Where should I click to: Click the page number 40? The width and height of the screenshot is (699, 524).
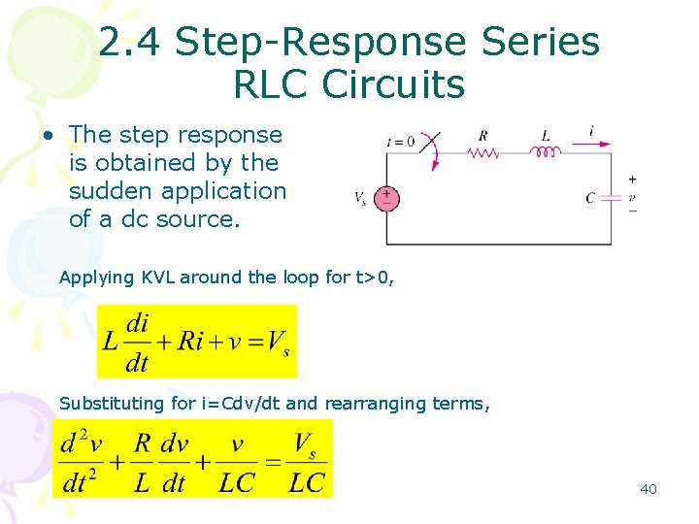pyautogui.click(x=649, y=489)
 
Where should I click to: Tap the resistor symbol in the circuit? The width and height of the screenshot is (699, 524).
pyautogui.click(x=483, y=152)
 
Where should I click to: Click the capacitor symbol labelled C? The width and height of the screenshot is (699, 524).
pyautogui.click(x=610, y=197)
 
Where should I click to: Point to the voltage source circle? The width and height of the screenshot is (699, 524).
pyautogui.click(x=386, y=198)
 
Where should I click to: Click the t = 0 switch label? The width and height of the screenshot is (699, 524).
pyautogui.click(x=400, y=141)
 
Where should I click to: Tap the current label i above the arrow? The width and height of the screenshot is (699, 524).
pyautogui.click(x=591, y=129)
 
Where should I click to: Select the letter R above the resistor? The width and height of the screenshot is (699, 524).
pyautogui.click(x=483, y=135)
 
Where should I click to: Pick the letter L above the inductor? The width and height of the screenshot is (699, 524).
pyautogui.click(x=546, y=135)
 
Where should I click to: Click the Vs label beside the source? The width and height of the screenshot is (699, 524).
pyautogui.click(x=360, y=199)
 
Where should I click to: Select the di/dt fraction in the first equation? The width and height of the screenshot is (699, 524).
pyautogui.click(x=138, y=342)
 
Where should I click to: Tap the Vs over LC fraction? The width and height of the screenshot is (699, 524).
pyautogui.click(x=307, y=464)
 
